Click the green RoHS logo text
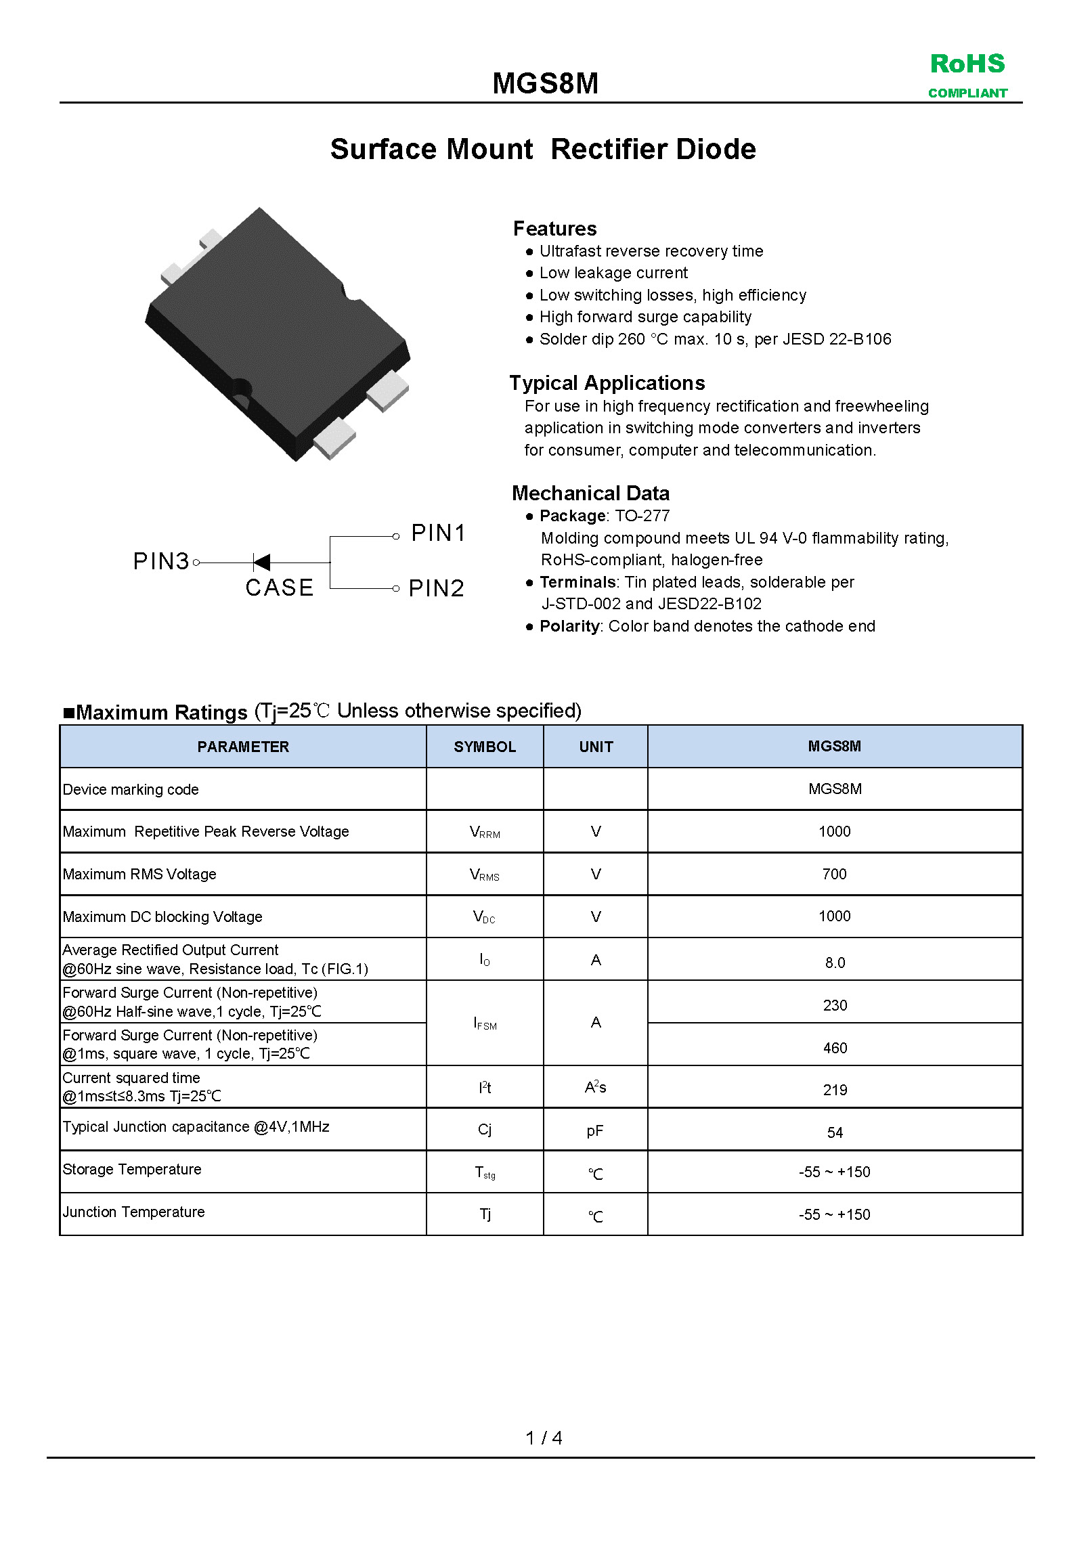point(967,64)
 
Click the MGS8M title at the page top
point(545,83)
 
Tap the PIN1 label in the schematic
point(438,533)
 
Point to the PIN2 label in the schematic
point(436,588)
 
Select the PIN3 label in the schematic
point(161,561)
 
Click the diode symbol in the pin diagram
point(261,562)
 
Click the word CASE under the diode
point(280,588)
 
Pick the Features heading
point(554,228)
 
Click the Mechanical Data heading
point(590,493)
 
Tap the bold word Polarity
point(569,626)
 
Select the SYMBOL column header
point(485,747)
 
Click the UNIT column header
point(596,747)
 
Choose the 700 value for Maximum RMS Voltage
point(834,874)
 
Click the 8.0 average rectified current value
point(835,963)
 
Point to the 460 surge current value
point(835,1048)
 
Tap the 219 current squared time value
point(835,1090)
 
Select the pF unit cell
point(595,1131)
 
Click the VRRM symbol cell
point(485,832)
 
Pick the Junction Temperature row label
point(133,1212)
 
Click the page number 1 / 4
point(544,1438)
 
